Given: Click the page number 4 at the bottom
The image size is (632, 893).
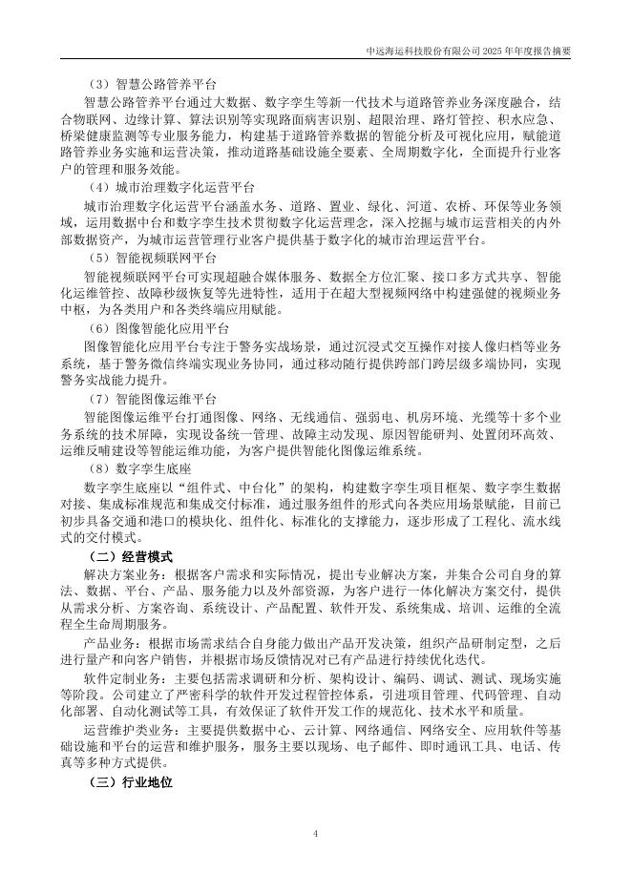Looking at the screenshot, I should tap(315, 833).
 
